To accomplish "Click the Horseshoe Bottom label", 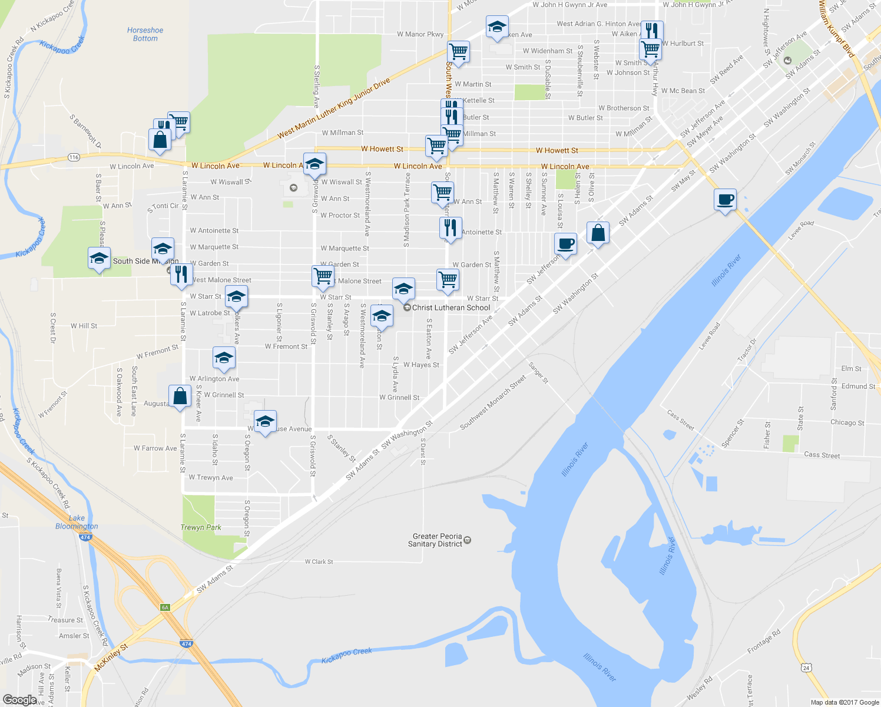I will (x=145, y=34).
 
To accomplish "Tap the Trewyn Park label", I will (x=201, y=527).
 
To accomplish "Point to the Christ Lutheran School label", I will (x=451, y=308).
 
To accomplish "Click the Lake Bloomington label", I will (x=77, y=522).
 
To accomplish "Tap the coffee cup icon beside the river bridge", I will (x=726, y=200).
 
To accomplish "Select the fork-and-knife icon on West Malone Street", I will (x=181, y=274).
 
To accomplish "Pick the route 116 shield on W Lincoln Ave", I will (x=74, y=157).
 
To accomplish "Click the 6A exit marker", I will (x=165, y=607).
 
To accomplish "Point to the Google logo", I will (x=19, y=700).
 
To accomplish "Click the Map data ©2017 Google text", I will (x=844, y=702).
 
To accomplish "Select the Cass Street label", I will (x=822, y=455).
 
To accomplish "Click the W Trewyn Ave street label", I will (x=211, y=478).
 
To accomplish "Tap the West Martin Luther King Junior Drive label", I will (x=334, y=108).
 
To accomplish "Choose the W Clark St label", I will (x=319, y=561).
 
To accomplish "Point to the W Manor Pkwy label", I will (x=420, y=34).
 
